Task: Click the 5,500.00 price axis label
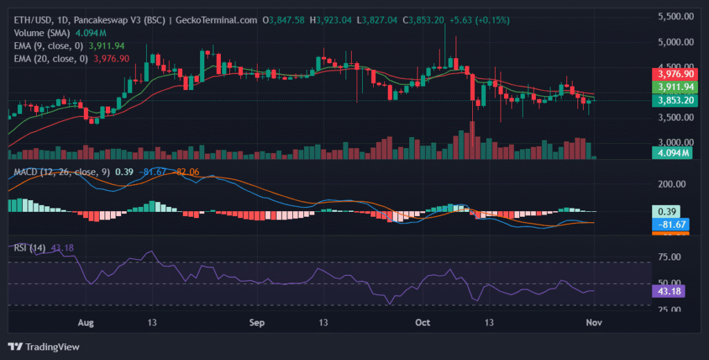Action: coord(675,16)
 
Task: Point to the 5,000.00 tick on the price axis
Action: coord(675,42)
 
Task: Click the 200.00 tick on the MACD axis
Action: coord(671,184)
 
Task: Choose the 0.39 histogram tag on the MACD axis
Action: coord(666,211)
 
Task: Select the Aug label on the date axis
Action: coord(86,323)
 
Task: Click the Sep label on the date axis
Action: coord(257,323)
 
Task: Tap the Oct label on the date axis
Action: coord(422,323)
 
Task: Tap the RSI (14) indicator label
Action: coord(30,248)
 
